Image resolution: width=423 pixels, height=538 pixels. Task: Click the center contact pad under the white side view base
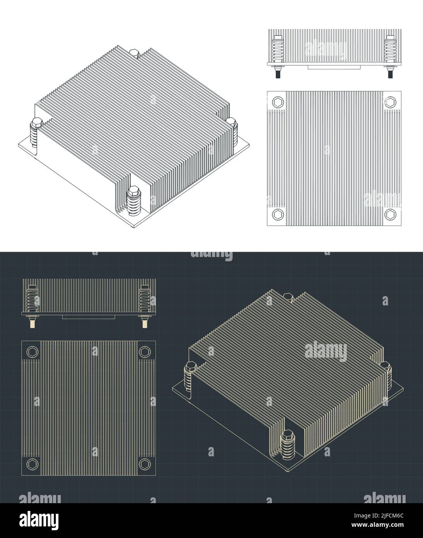point(334,67)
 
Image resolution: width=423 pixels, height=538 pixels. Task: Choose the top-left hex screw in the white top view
point(278,102)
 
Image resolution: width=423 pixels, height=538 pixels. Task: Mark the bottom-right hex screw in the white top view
point(390,214)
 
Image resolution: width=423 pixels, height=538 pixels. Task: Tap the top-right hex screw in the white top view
point(390,102)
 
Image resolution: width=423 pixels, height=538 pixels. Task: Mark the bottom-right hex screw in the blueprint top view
point(145,464)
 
